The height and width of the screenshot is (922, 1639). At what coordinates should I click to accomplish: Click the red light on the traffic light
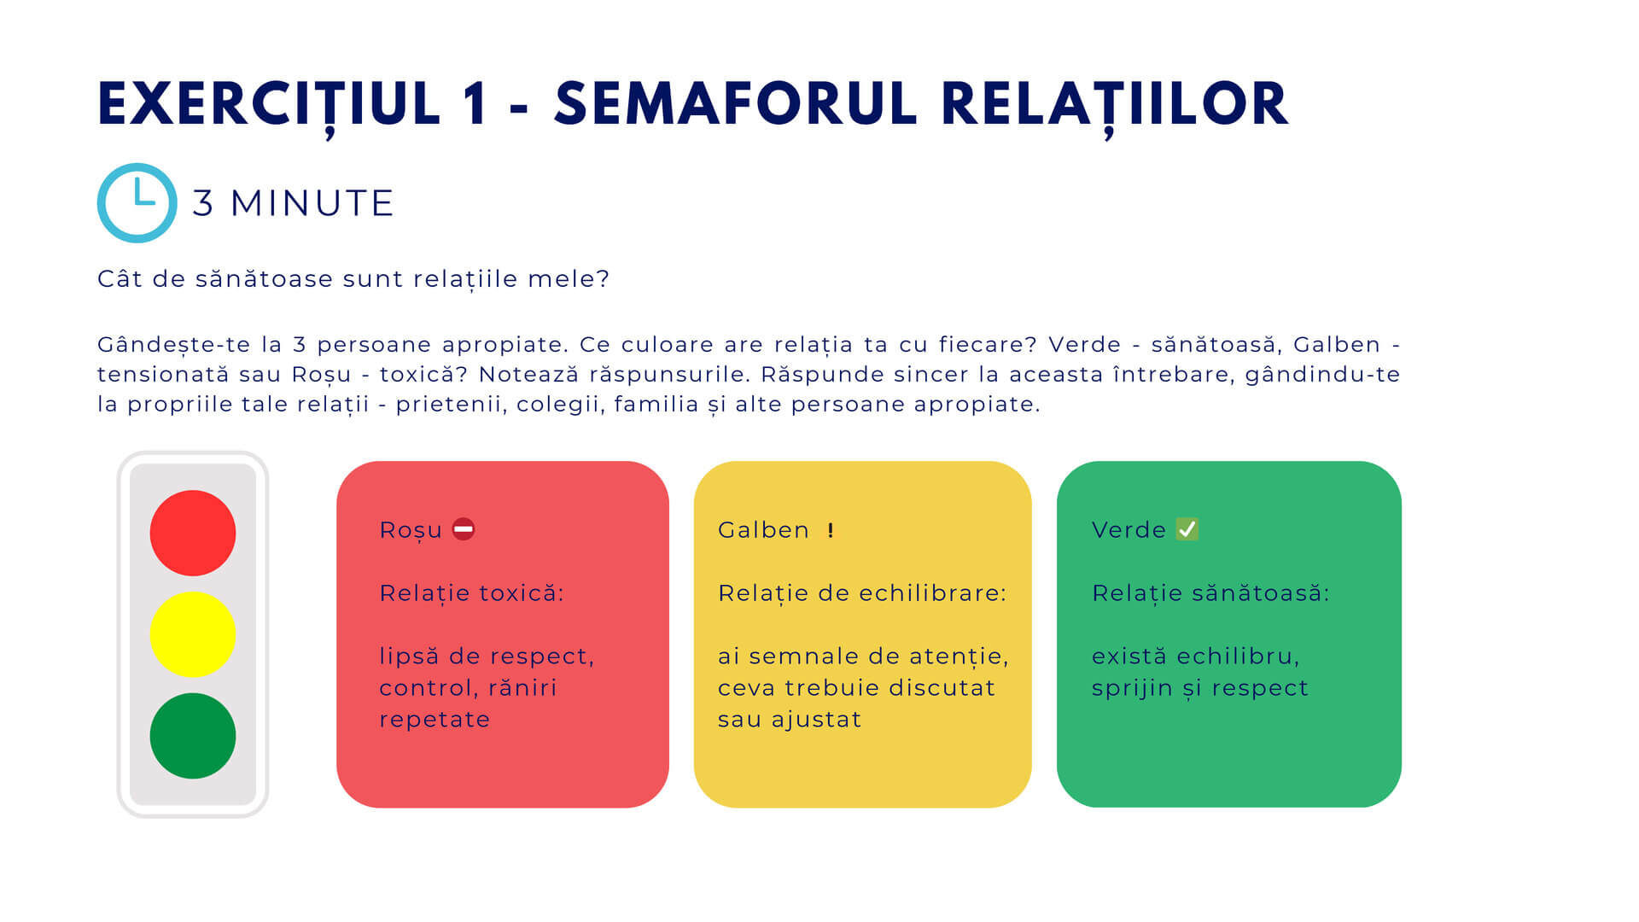pyautogui.click(x=193, y=533)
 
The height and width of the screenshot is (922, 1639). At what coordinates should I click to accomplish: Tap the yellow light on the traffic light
pyautogui.click(x=193, y=634)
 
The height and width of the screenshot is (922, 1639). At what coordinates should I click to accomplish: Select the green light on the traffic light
pyautogui.click(x=193, y=736)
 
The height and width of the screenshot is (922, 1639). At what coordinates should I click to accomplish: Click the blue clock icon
pyautogui.click(x=137, y=203)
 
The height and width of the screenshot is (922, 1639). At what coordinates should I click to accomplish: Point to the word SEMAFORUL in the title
pyautogui.click(x=737, y=105)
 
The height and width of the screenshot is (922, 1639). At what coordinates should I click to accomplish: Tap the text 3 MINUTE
pyautogui.click(x=293, y=203)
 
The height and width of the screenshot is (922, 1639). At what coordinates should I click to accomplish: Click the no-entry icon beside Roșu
pyautogui.click(x=464, y=529)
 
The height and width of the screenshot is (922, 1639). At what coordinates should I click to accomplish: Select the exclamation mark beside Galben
pyautogui.click(x=830, y=530)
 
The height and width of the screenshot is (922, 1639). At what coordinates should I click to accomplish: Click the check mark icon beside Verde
pyautogui.click(x=1187, y=529)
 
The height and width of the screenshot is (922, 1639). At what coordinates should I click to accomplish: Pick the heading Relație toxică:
pyautogui.click(x=471, y=593)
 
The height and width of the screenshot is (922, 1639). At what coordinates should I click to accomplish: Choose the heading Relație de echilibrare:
pyautogui.click(x=862, y=593)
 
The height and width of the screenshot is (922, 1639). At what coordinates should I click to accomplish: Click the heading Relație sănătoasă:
pyautogui.click(x=1210, y=593)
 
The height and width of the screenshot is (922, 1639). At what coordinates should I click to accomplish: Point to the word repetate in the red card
pyautogui.click(x=435, y=720)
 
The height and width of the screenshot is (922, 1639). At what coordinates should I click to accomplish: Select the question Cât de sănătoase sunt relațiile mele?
pyautogui.click(x=353, y=279)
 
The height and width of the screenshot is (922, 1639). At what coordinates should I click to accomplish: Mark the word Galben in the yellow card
pyautogui.click(x=763, y=530)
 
